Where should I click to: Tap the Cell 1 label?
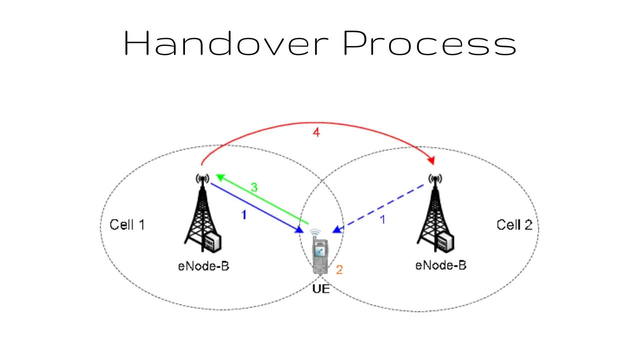pos(127,224)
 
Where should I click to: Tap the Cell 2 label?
pos(514,224)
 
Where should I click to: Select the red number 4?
pos(316,132)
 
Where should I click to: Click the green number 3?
pos(254,187)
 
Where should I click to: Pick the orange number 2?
pos(339,270)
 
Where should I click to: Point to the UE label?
pos(321,289)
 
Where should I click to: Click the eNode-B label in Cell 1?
pos(203,266)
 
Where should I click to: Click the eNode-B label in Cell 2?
pos(440,265)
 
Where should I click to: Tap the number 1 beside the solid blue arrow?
pos(244,215)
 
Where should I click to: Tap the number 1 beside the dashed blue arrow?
pos(383,219)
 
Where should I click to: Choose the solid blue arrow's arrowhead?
pos(299,229)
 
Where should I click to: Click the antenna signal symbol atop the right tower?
pos(435,178)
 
